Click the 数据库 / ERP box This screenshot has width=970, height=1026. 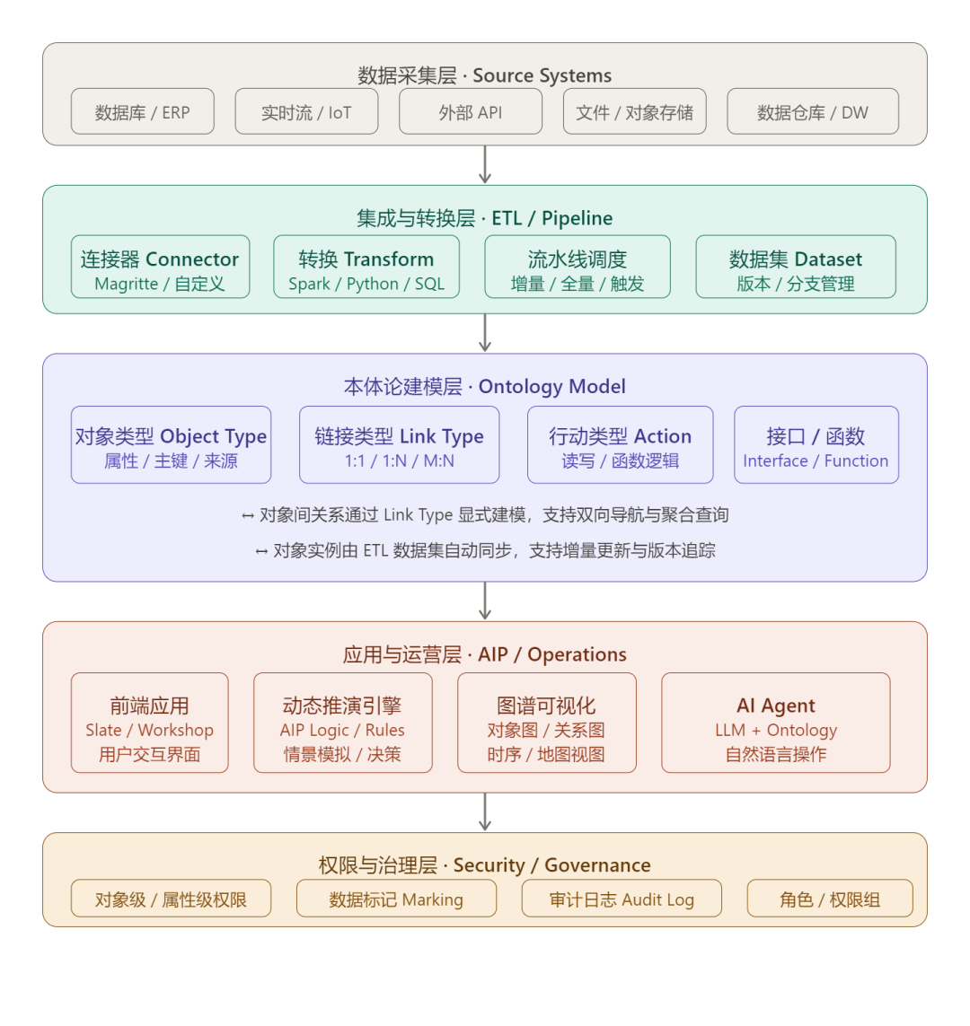[x=143, y=112]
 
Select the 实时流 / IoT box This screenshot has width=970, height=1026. [x=306, y=112]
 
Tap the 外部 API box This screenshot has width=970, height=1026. [x=471, y=112]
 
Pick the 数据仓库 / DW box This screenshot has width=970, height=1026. [x=813, y=112]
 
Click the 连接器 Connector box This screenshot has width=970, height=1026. [x=160, y=267]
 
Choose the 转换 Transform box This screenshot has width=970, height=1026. [x=366, y=267]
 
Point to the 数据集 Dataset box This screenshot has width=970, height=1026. [x=796, y=267]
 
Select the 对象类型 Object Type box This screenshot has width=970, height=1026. [x=171, y=445]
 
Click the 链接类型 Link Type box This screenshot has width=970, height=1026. [x=399, y=445]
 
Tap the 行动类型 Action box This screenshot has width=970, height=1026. [x=620, y=445]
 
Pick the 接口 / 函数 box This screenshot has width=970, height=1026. [x=816, y=445]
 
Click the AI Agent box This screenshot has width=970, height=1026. [x=776, y=723]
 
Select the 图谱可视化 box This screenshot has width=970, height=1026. [x=546, y=723]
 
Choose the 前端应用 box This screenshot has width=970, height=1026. [x=150, y=723]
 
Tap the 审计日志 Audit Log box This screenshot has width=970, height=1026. [x=622, y=899]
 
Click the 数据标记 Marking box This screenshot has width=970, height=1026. [x=396, y=899]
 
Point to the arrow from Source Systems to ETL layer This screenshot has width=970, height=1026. [x=485, y=164]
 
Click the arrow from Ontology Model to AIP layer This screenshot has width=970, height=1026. [x=485, y=601]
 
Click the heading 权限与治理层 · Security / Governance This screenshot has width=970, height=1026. [x=485, y=865]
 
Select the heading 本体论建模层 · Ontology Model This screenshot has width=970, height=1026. [x=485, y=387]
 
